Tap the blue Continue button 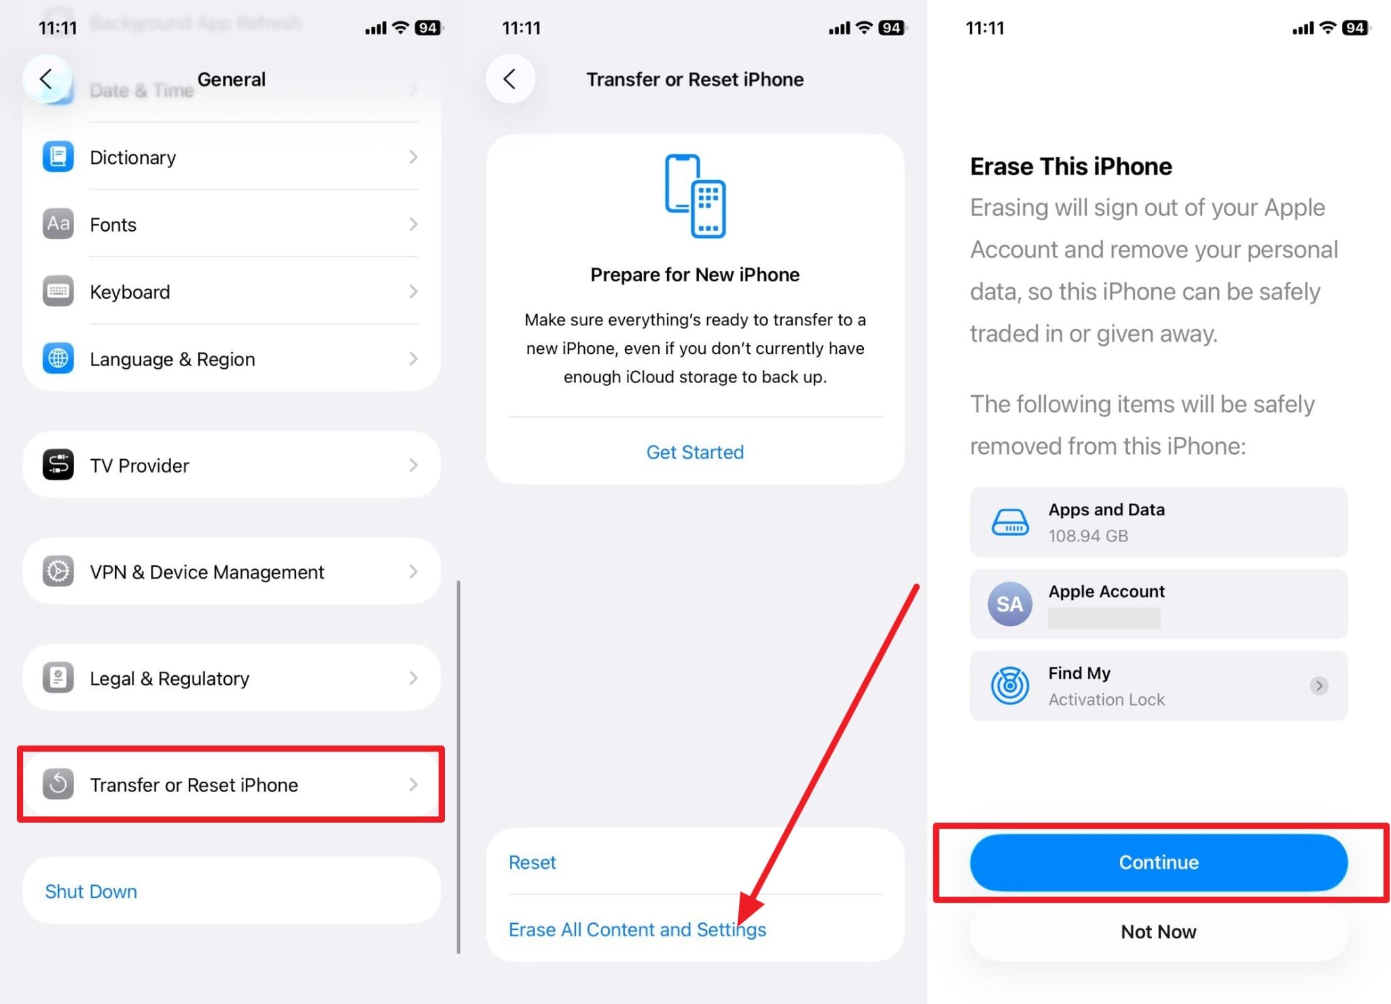click(1158, 862)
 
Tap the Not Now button click(1158, 931)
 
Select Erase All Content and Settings click(637, 929)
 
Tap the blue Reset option click(532, 862)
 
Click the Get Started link click(695, 452)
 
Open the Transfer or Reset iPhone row click(231, 785)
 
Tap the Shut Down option click(91, 891)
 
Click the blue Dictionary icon click(58, 157)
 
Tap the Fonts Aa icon click(58, 224)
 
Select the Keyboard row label click(130, 292)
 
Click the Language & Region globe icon click(58, 359)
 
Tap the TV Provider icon click(58, 465)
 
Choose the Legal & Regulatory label click(170, 679)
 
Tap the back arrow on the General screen click(47, 79)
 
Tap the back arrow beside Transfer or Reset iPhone click(510, 79)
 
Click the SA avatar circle click(1010, 604)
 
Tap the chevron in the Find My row click(1319, 685)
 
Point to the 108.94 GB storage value click(1088, 536)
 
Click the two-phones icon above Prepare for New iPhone click(695, 196)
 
